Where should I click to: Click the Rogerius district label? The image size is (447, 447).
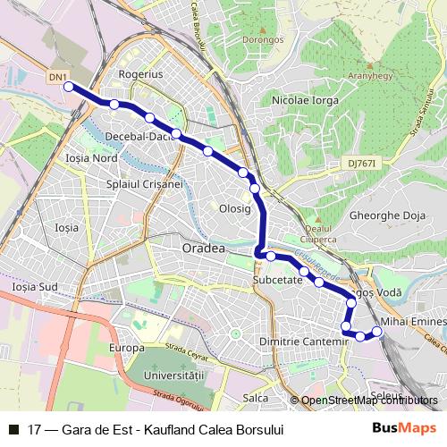140,75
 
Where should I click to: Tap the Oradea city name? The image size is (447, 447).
202,248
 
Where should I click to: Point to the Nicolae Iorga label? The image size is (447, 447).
307,100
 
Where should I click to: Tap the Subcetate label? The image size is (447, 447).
277,280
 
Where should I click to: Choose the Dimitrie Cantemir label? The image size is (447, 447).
301,342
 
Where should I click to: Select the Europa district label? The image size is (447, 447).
126,347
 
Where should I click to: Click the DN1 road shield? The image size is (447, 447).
57,79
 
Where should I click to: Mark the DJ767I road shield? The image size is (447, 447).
361,164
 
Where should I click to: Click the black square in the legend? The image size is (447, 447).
14,429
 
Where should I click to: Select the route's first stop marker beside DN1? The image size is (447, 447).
70,87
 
